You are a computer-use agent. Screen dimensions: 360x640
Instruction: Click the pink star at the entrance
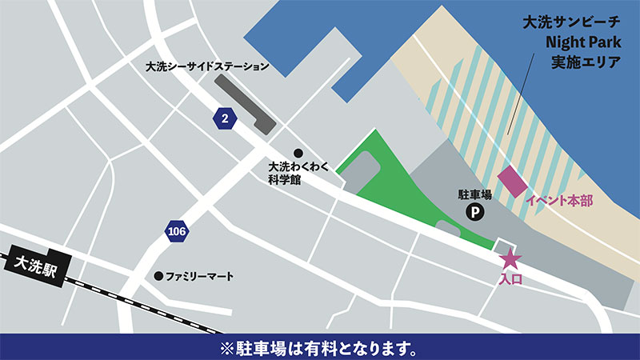(x=510, y=260)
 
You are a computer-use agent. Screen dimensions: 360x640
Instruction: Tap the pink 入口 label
(x=510, y=279)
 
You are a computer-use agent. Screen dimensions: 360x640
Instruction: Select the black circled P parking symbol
(x=475, y=212)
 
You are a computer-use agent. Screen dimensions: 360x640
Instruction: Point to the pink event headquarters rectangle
(x=512, y=182)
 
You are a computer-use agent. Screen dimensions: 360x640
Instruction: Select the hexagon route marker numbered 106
(x=178, y=232)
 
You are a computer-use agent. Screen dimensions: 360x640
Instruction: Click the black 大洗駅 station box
(x=36, y=262)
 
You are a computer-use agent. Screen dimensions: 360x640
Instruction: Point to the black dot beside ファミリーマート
(x=158, y=276)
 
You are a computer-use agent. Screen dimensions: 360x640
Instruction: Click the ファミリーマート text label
(x=200, y=276)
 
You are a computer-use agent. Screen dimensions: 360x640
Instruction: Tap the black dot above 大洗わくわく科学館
(x=298, y=153)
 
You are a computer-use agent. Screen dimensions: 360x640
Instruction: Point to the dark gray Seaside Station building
(x=248, y=103)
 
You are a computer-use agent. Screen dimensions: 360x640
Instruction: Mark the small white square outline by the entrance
(x=505, y=246)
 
